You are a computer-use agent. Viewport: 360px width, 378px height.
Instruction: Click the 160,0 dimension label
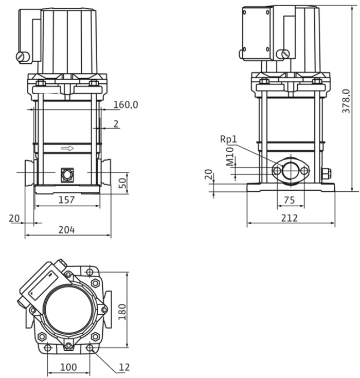pos(125,105)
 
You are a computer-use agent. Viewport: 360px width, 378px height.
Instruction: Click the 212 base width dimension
pos(290,218)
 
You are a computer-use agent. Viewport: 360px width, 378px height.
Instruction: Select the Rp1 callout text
pos(228,139)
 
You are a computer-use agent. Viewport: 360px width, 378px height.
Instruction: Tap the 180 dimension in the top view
pos(121,311)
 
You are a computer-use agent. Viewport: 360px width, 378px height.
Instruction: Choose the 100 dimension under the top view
pos(68,367)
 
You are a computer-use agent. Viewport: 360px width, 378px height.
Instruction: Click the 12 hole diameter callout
pos(124,367)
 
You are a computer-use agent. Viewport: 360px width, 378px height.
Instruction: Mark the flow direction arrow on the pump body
pos(67,149)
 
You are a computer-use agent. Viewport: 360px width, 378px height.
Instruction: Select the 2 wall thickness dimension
pos(116,123)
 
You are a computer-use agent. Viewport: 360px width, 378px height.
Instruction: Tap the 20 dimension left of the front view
pos(14,218)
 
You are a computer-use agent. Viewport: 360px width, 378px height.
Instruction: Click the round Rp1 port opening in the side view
pos(291,170)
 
